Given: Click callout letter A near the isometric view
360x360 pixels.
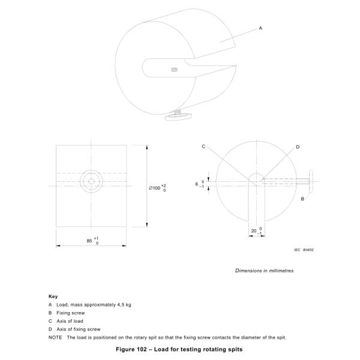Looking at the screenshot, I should (260, 28).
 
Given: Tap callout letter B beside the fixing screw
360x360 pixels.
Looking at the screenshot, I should (302, 197).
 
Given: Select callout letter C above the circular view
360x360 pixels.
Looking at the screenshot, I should (203, 146).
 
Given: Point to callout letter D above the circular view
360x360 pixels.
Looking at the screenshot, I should (298, 146).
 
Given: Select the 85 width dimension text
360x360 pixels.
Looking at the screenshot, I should (89, 240).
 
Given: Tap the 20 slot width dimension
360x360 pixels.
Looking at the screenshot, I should (254, 230).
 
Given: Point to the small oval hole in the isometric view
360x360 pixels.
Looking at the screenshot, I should (175, 70).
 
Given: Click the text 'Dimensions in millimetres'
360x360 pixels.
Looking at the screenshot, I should (264, 271).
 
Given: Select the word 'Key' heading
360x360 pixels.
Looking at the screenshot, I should (52, 296).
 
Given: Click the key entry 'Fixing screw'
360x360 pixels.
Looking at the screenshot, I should (70, 313).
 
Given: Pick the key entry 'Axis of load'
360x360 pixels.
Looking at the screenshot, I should (70, 321).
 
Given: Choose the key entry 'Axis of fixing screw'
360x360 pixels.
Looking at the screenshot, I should (78, 329).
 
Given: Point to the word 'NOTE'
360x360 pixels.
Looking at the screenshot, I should (55, 337).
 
